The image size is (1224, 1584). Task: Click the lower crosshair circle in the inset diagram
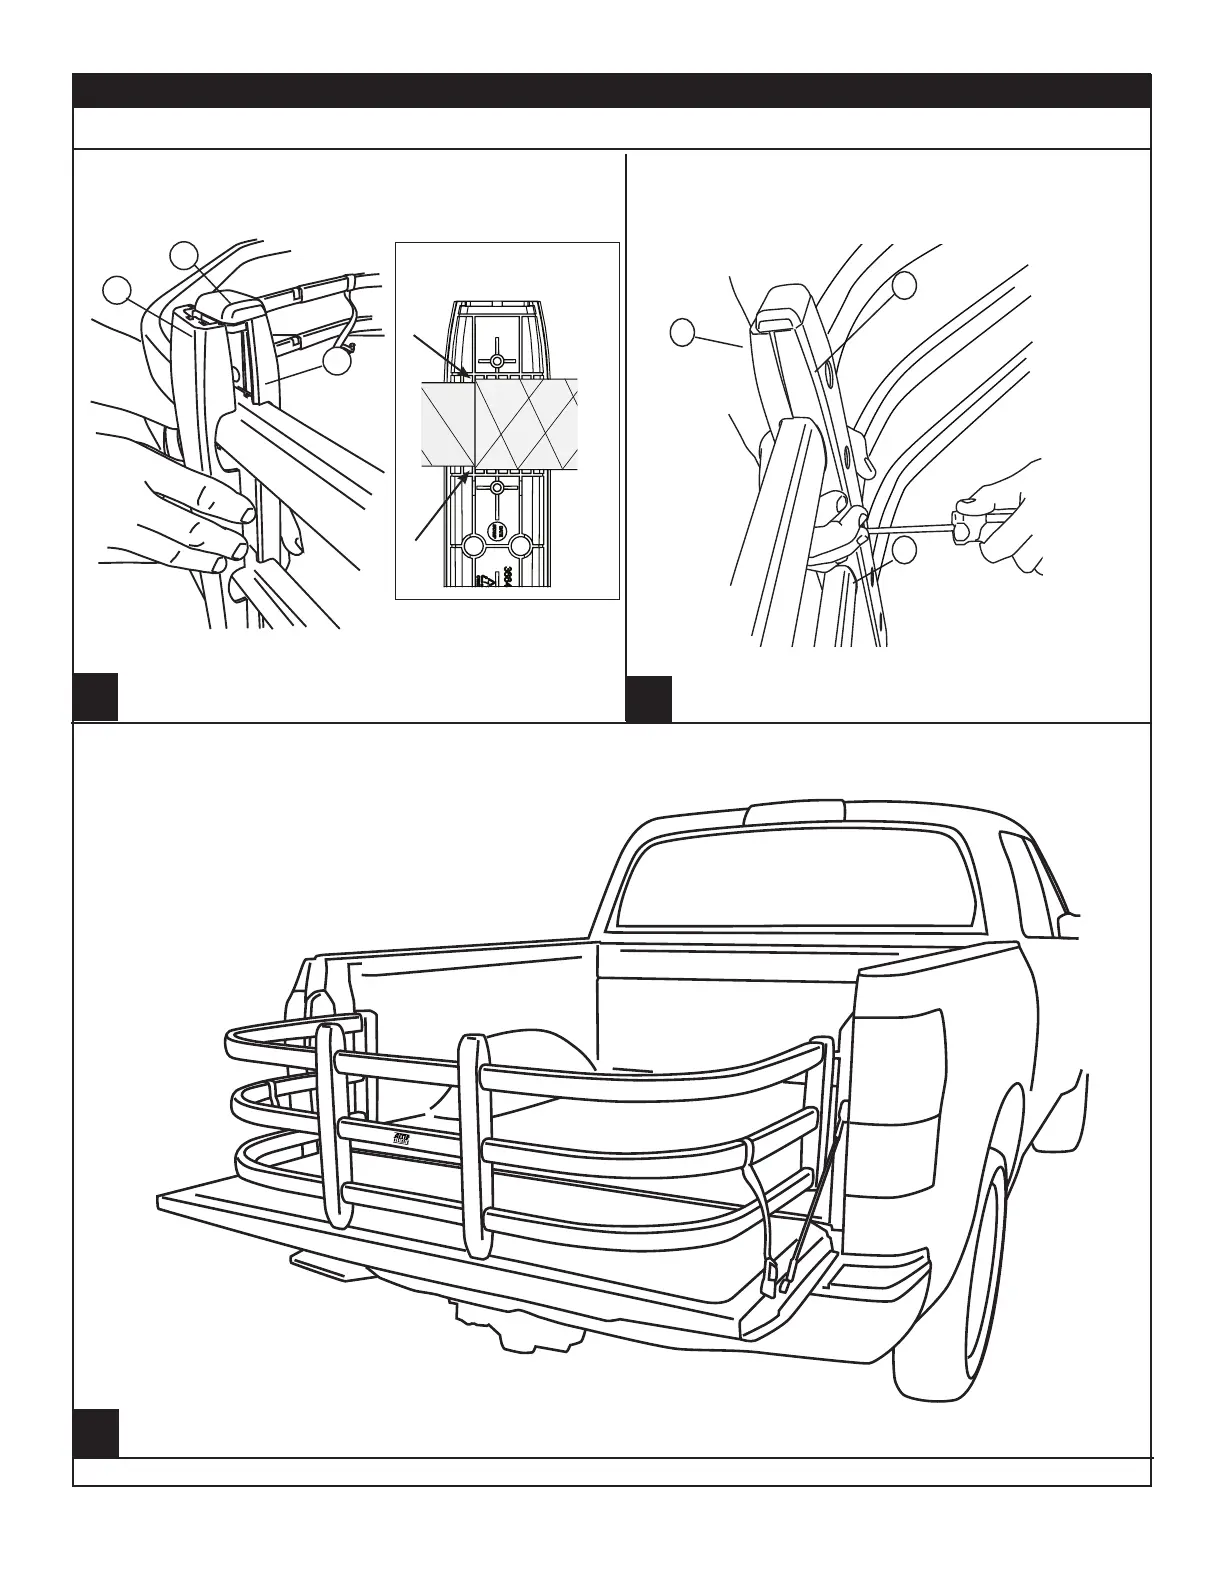point(496,488)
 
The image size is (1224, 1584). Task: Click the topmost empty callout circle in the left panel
point(182,255)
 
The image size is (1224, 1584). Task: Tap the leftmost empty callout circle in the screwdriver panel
point(682,332)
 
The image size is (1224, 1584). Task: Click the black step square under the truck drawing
point(96,1433)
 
